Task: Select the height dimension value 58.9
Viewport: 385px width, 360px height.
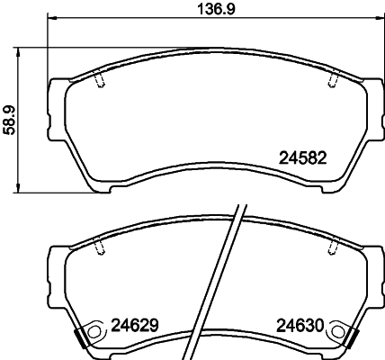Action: (9, 118)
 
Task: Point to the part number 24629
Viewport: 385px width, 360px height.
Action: (133, 326)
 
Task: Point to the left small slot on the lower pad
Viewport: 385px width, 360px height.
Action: (99, 245)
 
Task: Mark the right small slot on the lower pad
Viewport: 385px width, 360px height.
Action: (331, 245)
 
